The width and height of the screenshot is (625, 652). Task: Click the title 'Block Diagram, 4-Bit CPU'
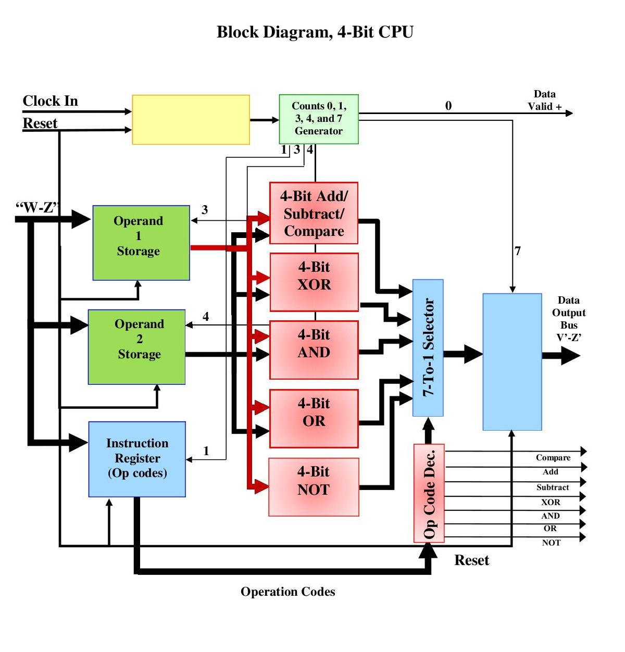point(315,32)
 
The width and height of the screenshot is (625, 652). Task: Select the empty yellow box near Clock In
point(191,119)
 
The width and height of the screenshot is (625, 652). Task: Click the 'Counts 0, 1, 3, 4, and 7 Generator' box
point(319,119)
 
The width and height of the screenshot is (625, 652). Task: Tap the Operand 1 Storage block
point(141,243)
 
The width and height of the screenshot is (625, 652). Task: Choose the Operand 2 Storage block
point(136,347)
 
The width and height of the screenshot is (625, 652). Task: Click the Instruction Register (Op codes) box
point(137,459)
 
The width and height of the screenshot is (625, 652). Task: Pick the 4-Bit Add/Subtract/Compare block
point(314,213)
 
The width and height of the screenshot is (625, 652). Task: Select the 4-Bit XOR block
point(314,282)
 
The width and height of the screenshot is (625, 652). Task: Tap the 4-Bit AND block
point(314,349)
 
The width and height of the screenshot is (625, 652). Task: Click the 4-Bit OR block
point(314,418)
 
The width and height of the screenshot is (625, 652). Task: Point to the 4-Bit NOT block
point(314,486)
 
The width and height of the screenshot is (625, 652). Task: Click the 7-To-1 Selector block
point(428,347)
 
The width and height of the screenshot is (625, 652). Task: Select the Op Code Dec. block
point(429,493)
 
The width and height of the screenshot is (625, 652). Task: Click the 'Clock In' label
point(50,101)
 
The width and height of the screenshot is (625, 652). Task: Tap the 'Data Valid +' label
point(544,100)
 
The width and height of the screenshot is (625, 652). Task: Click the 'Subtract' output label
point(552,487)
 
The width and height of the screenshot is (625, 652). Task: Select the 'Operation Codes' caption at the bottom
point(287,592)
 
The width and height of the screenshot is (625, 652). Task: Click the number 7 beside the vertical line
point(518,251)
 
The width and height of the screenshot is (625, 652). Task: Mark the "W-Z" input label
point(37,208)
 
